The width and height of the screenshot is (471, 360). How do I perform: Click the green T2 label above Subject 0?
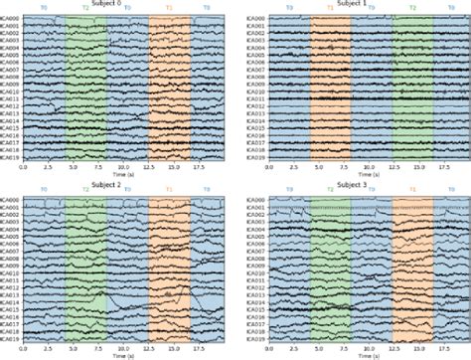click(x=85, y=9)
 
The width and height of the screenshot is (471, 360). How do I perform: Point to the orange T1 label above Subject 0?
click(x=169, y=9)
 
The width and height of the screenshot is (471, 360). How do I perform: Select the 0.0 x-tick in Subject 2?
click(x=24, y=348)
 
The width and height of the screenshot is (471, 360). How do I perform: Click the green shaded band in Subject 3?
click(x=330, y=269)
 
